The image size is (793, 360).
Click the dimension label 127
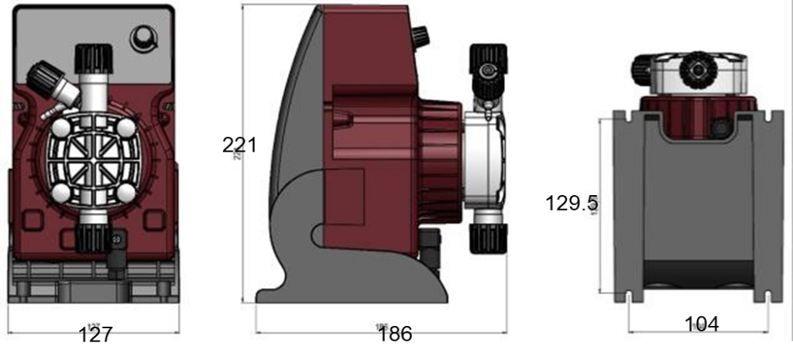(97, 334)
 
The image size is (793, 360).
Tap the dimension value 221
(239, 144)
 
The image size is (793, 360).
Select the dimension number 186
(395, 334)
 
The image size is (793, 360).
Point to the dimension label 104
(702, 324)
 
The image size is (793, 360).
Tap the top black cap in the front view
(93, 58)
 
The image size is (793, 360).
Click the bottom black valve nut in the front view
(92, 235)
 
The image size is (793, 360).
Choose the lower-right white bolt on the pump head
(124, 193)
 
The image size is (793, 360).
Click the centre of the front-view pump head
(92, 161)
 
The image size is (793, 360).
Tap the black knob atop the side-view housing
(420, 36)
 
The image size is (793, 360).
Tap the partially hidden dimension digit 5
(592, 203)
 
